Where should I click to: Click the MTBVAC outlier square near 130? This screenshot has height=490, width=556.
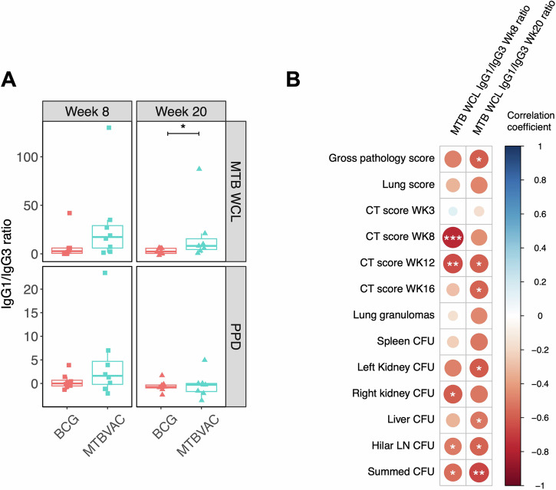(109, 128)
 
